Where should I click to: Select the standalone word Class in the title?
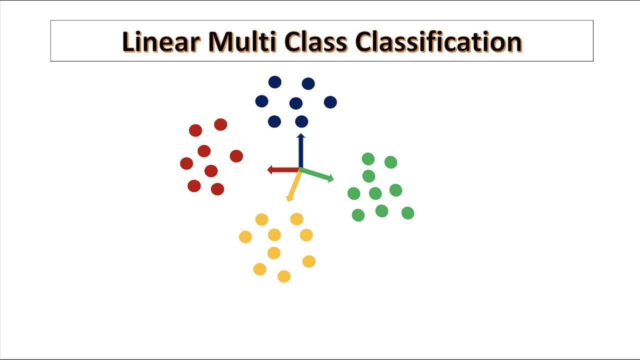tap(316, 42)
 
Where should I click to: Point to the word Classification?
tap(438, 42)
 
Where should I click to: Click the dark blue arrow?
tap(300, 150)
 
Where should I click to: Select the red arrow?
tap(282, 170)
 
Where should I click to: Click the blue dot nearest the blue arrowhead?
tap(301, 121)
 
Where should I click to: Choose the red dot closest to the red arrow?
tap(236, 156)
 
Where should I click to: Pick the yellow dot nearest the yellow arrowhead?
tap(296, 219)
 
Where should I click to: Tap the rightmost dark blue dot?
tap(330, 102)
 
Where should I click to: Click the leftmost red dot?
tap(186, 163)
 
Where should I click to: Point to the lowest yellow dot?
tap(284, 276)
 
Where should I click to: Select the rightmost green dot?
tap(407, 213)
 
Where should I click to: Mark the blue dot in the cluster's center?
tap(296, 103)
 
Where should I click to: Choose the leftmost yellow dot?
tap(245, 237)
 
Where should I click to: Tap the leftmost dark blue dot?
tap(261, 101)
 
